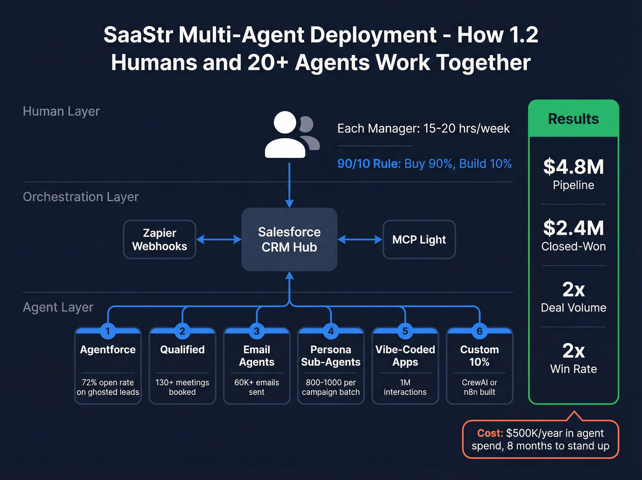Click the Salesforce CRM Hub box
click(x=289, y=239)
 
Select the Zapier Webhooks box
click(x=160, y=239)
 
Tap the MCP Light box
click(x=419, y=239)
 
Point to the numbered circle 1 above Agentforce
click(x=108, y=331)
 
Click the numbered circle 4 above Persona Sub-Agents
click(x=331, y=331)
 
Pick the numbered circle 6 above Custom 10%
click(x=479, y=331)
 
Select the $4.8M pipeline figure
click(x=573, y=167)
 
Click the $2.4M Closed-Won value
click(x=573, y=228)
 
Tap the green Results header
click(x=573, y=119)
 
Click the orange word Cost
click(x=490, y=433)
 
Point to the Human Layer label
click(x=61, y=111)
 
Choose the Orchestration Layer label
click(x=81, y=197)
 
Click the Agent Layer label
click(x=58, y=307)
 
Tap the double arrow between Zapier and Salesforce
click(x=219, y=239)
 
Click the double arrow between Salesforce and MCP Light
click(x=360, y=239)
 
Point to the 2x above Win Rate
click(x=573, y=351)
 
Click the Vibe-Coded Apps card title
click(x=405, y=356)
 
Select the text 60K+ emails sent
click(x=256, y=387)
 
